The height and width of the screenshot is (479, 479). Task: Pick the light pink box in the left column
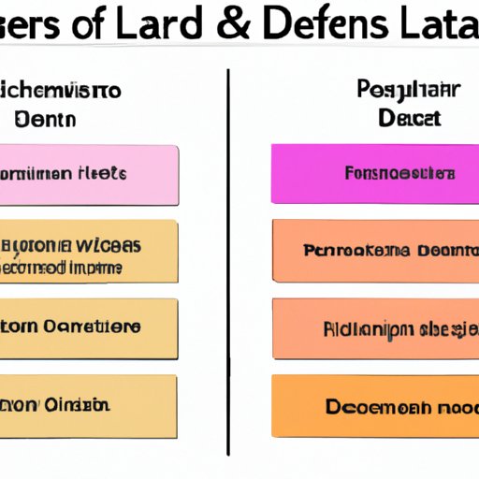(89, 174)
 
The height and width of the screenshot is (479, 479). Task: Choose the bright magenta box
(374, 174)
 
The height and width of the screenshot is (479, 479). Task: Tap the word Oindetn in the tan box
(79, 406)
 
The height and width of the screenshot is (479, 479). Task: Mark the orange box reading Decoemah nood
(374, 406)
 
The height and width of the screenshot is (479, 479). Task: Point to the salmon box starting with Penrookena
(374, 251)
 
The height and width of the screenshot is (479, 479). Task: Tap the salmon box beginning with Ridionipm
(374, 327)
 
